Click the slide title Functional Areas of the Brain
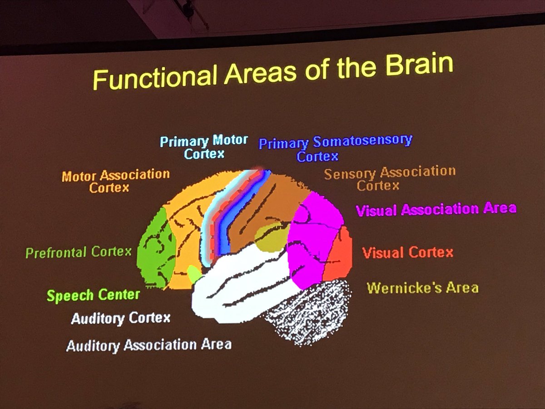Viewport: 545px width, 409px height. coord(273,72)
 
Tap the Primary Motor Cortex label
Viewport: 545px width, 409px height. coord(204,147)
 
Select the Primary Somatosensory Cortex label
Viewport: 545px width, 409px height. coord(335,148)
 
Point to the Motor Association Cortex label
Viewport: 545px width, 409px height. coord(115,180)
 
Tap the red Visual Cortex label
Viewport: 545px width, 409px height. coord(407,252)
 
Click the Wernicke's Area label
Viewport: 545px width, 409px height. coord(422,288)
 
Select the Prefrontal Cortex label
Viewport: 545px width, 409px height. coord(78,252)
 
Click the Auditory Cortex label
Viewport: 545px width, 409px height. coord(120,318)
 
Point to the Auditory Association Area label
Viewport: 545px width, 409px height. coord(149,345)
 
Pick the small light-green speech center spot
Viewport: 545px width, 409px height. coord(194,274)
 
